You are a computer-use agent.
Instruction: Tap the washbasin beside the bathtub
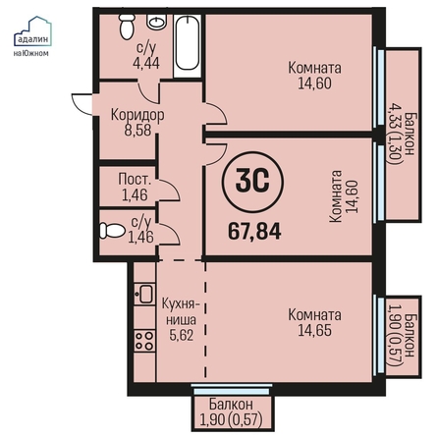point(157,22)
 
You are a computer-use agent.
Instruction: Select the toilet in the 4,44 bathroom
point(127,27)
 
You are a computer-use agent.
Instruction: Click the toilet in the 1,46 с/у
point(112,231)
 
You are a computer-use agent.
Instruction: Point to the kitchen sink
point(144,294)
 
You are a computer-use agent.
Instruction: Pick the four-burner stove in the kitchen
point(144,341)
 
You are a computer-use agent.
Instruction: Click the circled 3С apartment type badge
point(252,182)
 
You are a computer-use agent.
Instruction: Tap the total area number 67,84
point(254,232)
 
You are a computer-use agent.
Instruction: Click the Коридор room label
point(137,115)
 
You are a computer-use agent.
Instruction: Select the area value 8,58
point(137,130)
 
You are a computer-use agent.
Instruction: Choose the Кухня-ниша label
point(181,311)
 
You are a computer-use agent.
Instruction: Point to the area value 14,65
point(314,330)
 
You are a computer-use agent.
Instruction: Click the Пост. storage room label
point(135,180)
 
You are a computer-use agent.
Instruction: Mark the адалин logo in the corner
point(32,31)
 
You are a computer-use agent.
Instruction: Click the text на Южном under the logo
point(30,53)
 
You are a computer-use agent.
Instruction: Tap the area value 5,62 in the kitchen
point(182,335)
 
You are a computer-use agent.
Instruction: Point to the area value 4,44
point(146,63)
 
